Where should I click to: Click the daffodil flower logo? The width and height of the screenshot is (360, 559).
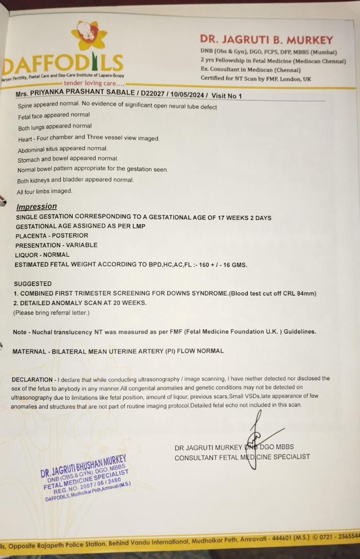click(90, 35)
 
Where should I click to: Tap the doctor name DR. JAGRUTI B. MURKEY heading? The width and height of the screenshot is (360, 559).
click(267, 40)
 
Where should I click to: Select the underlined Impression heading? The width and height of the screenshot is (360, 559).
click(37, 207)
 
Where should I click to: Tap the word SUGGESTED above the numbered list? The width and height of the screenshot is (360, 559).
click(33, 284)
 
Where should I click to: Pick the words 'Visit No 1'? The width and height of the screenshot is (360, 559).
click(226, 96)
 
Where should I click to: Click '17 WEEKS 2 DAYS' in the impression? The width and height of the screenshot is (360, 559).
click(242, 217)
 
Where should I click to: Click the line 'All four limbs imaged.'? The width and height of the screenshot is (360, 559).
click(45, 191)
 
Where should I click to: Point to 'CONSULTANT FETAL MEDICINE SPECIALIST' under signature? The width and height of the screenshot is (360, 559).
click(242, 457)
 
